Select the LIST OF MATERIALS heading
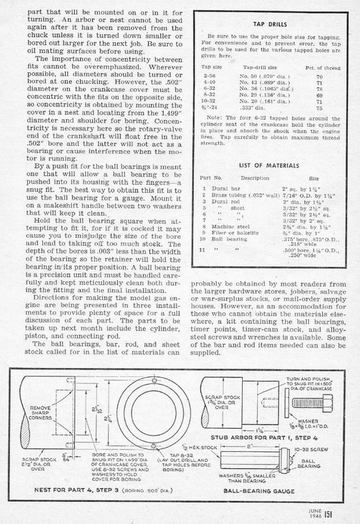pyautogui.click(x=271, y=164)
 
